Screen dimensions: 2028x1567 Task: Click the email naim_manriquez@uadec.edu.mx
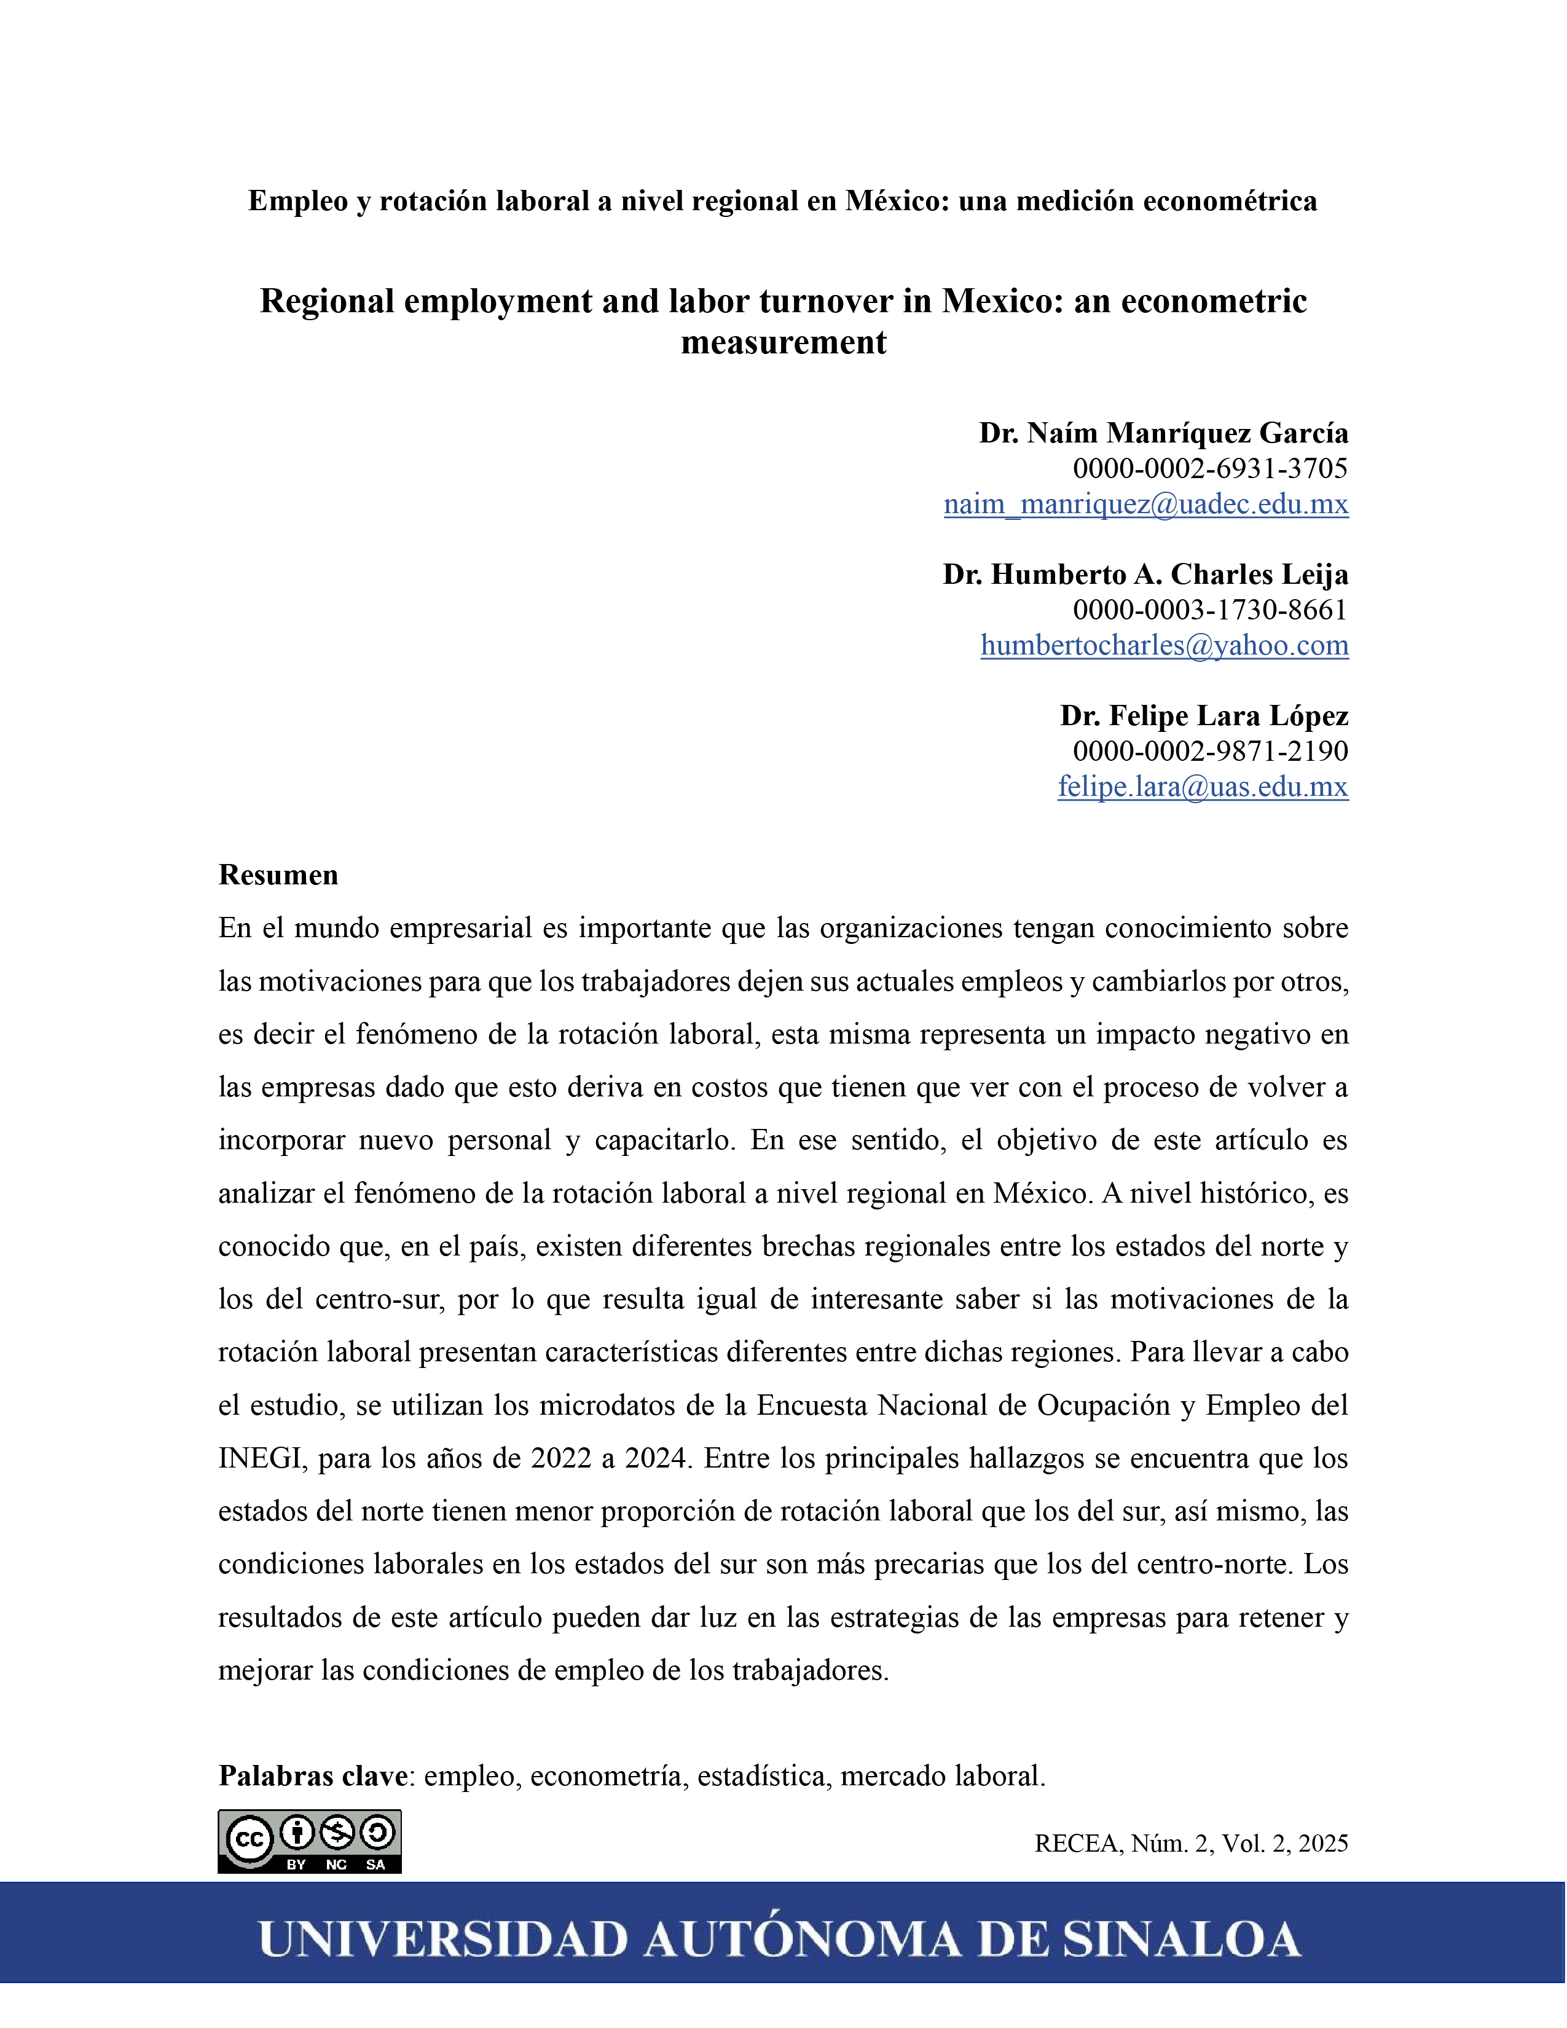coord(1145,504)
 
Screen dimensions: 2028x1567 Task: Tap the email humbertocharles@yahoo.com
coord(1164,645)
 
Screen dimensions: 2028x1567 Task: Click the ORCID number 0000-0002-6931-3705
coord(1209,469)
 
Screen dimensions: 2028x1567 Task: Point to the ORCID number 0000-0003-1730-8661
coord(1209,610)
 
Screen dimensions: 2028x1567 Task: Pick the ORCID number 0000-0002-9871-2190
coord(1209,751)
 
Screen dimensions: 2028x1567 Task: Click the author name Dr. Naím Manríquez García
coord(1163,434)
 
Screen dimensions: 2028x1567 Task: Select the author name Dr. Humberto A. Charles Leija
coord(1145,575)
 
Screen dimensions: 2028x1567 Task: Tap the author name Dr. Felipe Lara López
coord(1204,716)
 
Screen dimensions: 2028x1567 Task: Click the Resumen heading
coord(278,874)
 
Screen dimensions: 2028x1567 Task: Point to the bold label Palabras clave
coord(313,1775)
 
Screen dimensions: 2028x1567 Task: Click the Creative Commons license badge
coord(309,1841)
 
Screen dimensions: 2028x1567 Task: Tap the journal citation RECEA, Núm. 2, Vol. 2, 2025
coord(1191,1843)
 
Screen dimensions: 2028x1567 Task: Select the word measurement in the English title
coord(783,343)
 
